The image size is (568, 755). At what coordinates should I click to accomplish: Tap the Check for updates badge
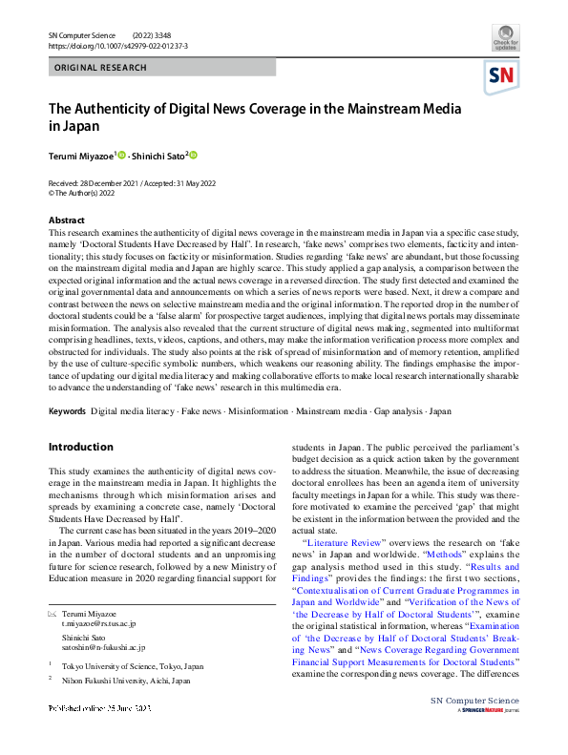[x=506, y=39]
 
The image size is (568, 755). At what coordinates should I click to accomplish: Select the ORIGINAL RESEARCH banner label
[x=101, y=68]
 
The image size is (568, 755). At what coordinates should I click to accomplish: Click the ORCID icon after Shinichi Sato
[x=193, y=155]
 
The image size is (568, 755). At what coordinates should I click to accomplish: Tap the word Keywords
[x=67, y=411]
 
